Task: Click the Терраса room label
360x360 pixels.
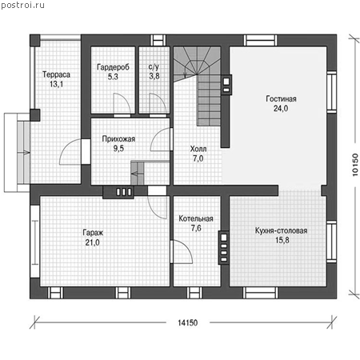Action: point(56,74)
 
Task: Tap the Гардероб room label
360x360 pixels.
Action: point(113,67)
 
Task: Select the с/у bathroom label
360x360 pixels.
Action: point(154,66)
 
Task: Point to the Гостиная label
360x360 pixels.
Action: point(281,99)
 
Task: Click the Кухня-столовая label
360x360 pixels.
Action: point(282,230)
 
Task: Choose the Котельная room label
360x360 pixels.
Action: point(196,218)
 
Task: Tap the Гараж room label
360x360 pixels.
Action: point(93,233)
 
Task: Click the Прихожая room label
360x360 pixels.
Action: point(118,139)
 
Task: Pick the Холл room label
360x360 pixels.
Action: point(198,149)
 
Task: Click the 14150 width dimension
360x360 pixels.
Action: point(188,323)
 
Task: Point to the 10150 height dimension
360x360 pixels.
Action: point(355,165)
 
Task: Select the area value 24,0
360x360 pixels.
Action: point(281,109)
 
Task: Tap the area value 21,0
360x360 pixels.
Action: point(93,242)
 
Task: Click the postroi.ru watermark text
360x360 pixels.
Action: point(22,5)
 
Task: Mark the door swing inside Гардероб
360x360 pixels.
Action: point(122,104)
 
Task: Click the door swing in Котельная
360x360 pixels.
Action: point(182,252)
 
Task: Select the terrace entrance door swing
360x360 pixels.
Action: point(70,152)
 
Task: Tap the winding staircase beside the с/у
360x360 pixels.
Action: point(198,86)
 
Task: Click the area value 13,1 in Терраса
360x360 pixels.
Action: point(56,84)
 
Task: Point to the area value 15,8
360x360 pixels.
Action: point(282,240)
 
